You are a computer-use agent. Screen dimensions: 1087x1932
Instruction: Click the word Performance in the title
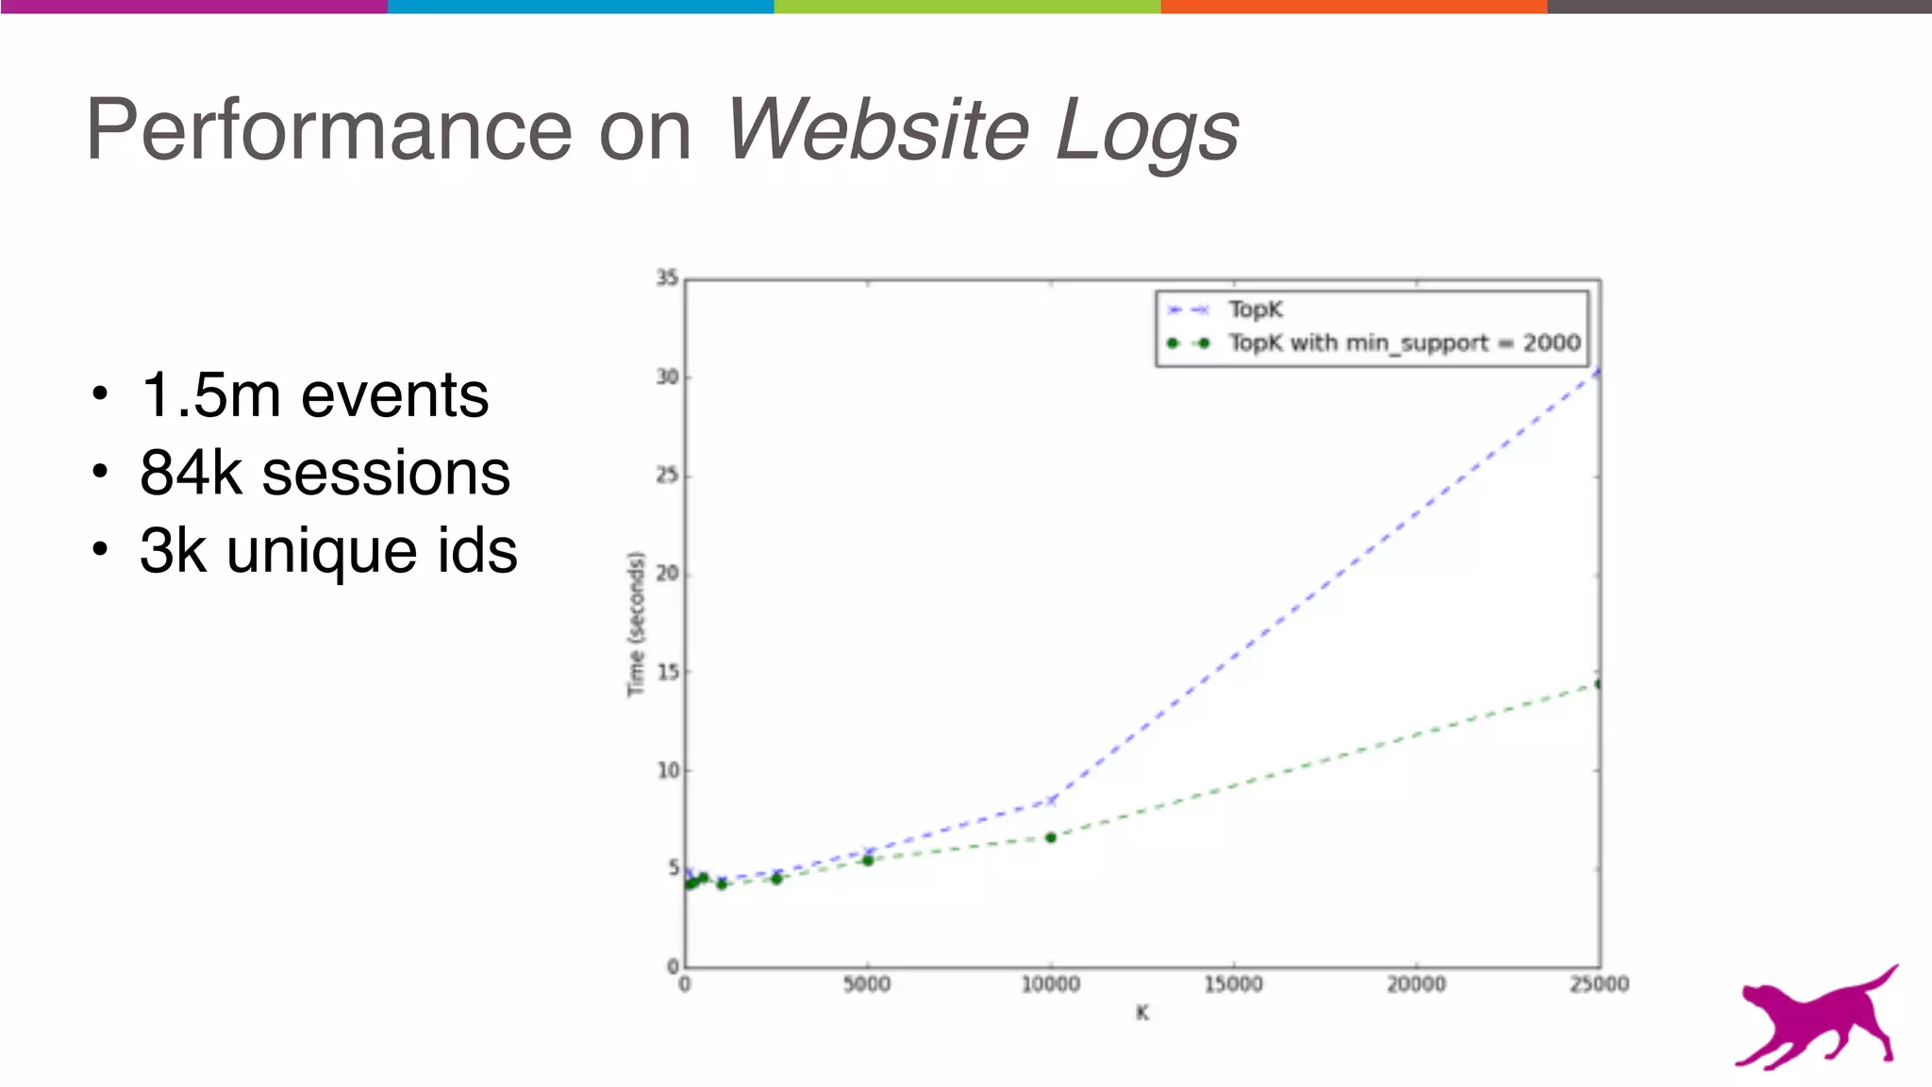point(328,130)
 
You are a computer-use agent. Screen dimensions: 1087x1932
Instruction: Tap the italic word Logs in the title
point(1145,130)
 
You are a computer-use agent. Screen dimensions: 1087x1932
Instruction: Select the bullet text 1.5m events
point(314,394)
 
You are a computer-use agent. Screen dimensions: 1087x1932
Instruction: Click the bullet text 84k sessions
point(325,473)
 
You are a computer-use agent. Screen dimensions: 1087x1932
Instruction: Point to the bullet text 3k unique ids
point(328,551)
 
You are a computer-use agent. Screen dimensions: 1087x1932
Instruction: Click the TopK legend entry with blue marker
point(1255,309)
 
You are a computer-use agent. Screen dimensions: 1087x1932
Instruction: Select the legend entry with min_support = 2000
point(1403,343)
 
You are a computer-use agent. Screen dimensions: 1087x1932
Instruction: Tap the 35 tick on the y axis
point(667,277)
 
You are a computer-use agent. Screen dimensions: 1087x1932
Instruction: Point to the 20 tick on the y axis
point(667,573)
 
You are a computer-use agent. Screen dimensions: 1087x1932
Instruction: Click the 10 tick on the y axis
point(667,770)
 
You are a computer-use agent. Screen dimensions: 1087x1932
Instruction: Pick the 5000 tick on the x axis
point(867,985)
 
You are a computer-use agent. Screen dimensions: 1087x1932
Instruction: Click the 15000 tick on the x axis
point(1233,985)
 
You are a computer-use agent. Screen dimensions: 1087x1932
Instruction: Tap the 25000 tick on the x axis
point(1599,985)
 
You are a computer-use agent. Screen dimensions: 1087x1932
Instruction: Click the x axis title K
point(1142,1013)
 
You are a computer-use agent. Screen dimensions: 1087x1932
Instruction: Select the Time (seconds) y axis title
point(636,624)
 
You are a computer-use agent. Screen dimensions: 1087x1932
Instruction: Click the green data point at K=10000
point(1050,837)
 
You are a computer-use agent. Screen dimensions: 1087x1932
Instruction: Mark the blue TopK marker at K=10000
point(1051,800)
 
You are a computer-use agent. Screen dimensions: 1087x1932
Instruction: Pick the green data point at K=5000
point(868,861)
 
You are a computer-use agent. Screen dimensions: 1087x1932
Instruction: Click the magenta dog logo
point(1817,1019)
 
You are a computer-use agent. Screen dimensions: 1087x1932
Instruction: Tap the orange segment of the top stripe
point(1354,7)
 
